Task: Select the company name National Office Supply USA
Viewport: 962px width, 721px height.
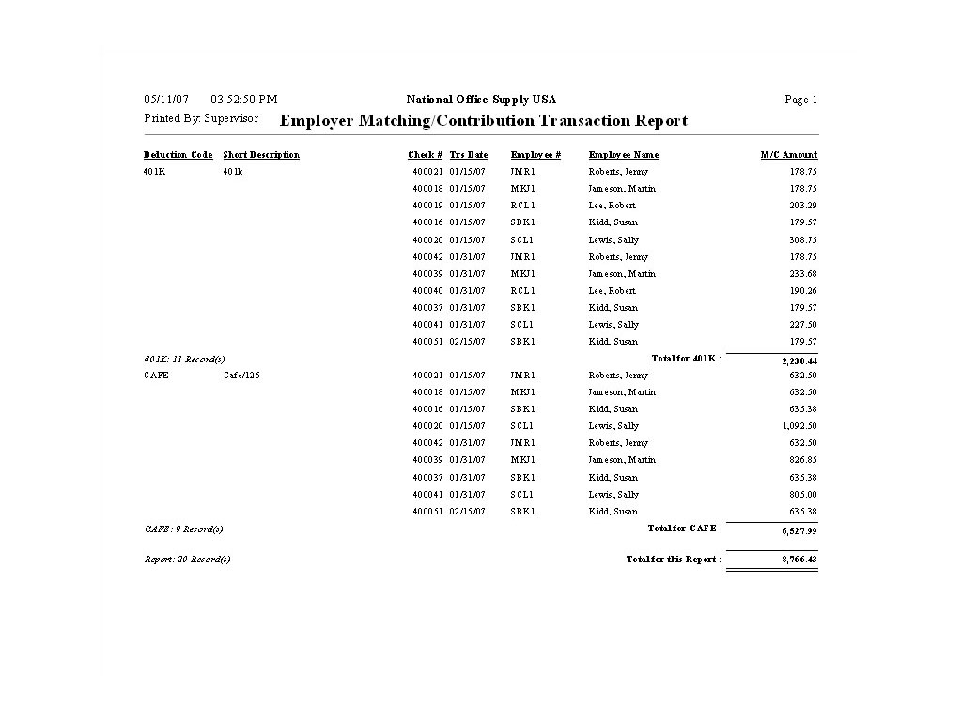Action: (481, 100)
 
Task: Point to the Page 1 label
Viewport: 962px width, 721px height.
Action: (800, 100)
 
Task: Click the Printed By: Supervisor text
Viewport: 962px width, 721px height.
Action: (201, 119)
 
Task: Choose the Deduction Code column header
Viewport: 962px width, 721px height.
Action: (178, 155)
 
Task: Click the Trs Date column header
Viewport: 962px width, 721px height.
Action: (469, 155)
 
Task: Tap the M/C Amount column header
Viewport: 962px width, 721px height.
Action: (789, 155)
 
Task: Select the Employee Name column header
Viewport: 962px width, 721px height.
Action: (624, 155)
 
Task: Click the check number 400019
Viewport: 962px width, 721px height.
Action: (427, 206)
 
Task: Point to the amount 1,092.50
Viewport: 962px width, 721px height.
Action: (799, 426)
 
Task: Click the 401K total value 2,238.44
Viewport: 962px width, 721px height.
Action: (799, 360)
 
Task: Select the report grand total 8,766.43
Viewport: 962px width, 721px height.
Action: (799, 560)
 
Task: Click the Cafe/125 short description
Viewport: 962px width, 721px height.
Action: (241, 376)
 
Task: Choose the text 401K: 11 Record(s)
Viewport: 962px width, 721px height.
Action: (184, 359)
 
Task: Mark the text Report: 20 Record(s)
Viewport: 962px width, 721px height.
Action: (187, 560)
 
